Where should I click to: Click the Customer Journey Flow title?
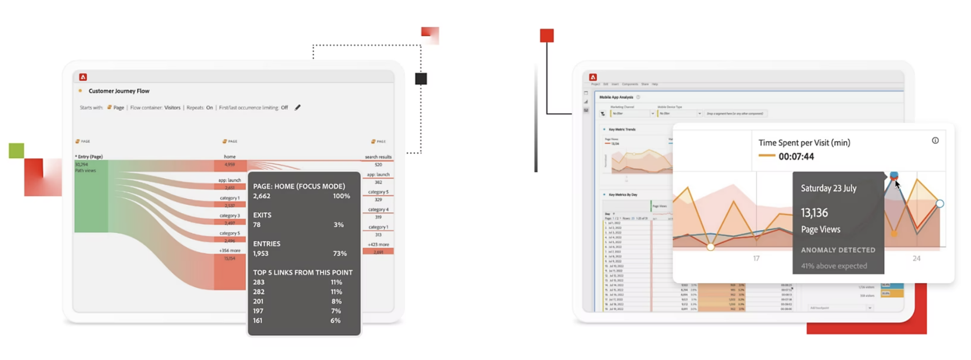click(119, 91)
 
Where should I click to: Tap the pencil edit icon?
click(298, 108)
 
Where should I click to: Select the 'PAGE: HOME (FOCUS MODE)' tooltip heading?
click(299, 187)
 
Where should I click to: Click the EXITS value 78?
click(257, 225)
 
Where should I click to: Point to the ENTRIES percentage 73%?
click(340, 253)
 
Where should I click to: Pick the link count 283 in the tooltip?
click(259, 282)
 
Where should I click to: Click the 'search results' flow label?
click(378, 157)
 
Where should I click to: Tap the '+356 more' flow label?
click(229, 251)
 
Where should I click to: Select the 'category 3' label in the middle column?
click(229, 216)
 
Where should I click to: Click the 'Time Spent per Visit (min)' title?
click(804, 143)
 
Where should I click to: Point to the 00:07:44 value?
click(796, 157)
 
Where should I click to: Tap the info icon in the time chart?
click(935, 141)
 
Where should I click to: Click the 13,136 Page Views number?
click(814, 213)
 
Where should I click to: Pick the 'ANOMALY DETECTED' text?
click(838, 250)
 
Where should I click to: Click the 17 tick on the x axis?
click(756, 259)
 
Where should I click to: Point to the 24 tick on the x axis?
click(916, 259)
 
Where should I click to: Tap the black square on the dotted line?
click(421, 79)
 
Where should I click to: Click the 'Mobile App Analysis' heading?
click(616, 97)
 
